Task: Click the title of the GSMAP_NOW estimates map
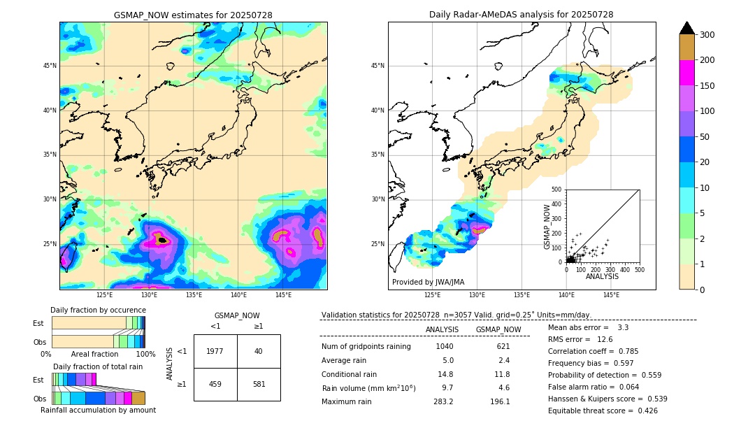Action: (x=193, y=15)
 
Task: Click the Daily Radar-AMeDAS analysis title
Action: (x=521, y=15)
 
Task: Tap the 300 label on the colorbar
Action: (x=707, y=35)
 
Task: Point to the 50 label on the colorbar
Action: (x=705, y=137)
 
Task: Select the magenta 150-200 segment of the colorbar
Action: (x=686, y=73)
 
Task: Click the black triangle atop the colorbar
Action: (x=686, y=28)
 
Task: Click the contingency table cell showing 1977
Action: (x=215, y=351)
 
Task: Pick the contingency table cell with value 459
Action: (x=215, y=384)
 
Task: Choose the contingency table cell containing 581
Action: (x=259, y=384)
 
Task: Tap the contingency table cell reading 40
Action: (x=259, y=351)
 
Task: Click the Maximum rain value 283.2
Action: (x=443, y=402)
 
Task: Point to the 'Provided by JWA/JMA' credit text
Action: (x=428, y=283)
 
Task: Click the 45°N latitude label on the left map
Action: (x=50, y=66)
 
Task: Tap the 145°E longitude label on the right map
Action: (x=611, y=295)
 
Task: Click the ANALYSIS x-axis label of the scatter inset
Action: (x=603, y=277)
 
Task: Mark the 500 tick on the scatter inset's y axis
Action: (x=556, y=190)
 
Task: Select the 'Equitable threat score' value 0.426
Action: (x=644, y=411)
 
